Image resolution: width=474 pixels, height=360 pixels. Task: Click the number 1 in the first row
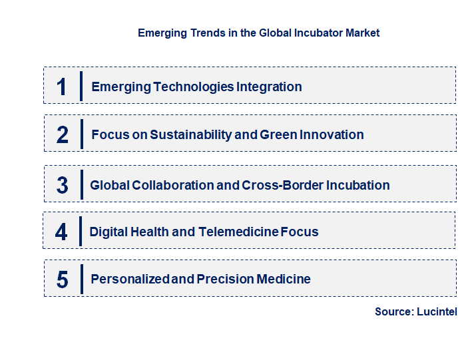(62, 87)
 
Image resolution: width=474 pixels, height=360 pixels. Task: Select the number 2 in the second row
(63, 134)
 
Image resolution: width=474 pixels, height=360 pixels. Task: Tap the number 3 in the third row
(62, 185)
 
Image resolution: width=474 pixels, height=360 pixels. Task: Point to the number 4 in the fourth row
(61, 232)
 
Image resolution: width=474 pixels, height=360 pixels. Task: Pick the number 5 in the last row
(62, 279)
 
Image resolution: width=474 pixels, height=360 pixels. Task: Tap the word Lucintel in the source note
(437, 311)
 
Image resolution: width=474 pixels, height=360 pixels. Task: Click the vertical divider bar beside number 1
(81, 86)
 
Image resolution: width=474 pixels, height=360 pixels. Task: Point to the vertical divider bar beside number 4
(81, 232)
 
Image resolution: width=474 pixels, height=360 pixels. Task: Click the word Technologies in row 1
(193, 87)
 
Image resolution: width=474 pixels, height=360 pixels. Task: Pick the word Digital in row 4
(109, 232)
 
